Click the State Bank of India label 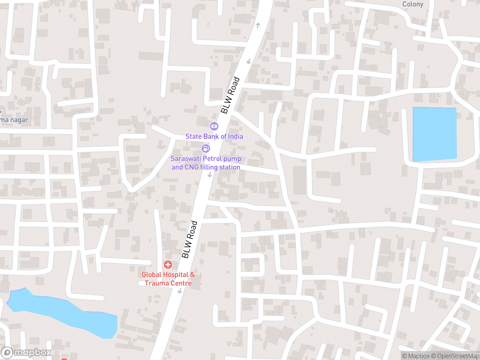click(x=214, y=136)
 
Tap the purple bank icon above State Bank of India click(x=214, y=126)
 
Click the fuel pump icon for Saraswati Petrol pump click(x=205, y=148)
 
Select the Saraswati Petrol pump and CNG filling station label click(x=206, y=163)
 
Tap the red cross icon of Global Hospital click(x=168, y=265)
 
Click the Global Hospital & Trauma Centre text click(x=168, y=279)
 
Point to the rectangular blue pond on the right click(x=435, y=134)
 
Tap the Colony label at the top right click(x=412, y=4)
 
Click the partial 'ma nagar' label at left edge click(x=14, y=120)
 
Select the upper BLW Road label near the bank click(x=230, y=95)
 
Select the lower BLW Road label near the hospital click(x=190, y=239)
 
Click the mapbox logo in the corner click(x=26, y=352)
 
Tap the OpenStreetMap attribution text click(x=458, y=356)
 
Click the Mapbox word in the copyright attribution click(x=418, y=356)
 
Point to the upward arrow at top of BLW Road click(x=258, y=25)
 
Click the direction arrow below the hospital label click(x=180, y=290)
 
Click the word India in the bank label click(x=235, y=136)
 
